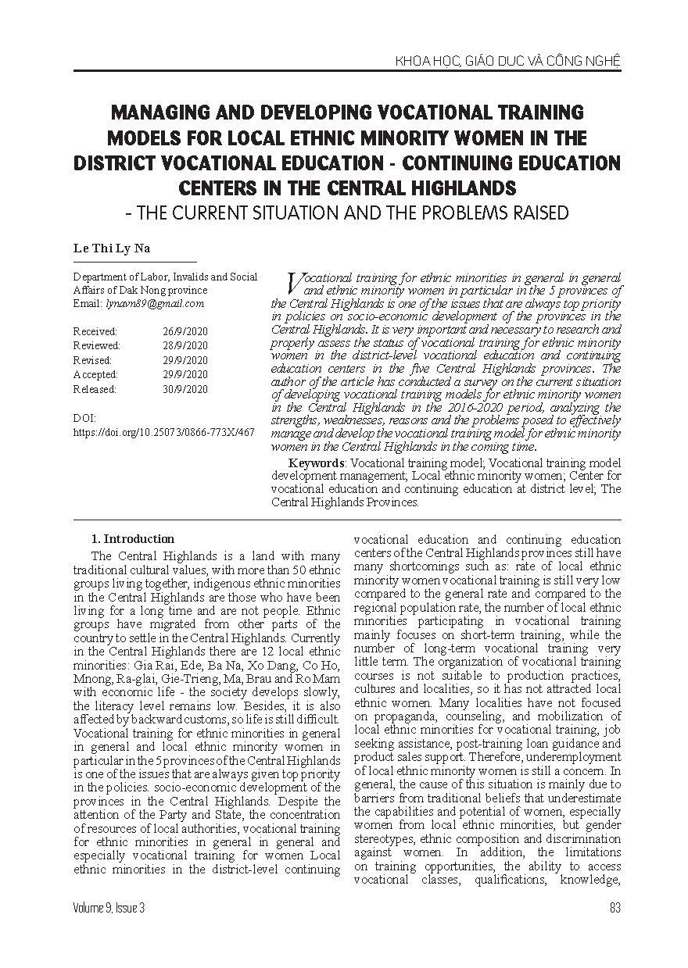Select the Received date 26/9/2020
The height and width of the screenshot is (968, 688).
pyautogui.click(x=185, y=331)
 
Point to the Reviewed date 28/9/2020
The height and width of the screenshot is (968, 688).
pyautogui.click(x=185, y=345)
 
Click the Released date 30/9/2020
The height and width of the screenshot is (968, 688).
pyautogui.click(x=185, y=389)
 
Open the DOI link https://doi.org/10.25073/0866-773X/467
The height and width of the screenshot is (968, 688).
pyautogui.click(x=163, y=431)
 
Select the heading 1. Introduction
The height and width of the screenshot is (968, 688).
pyautogui.click(x=133, y=539)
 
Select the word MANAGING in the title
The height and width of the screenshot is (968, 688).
pyautogui.click(x=157, y=113)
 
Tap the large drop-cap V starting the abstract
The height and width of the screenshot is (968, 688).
pyautogui.click(x=295, y=283)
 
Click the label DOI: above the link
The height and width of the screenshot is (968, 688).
pyautogui.click(x=84, y=418)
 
